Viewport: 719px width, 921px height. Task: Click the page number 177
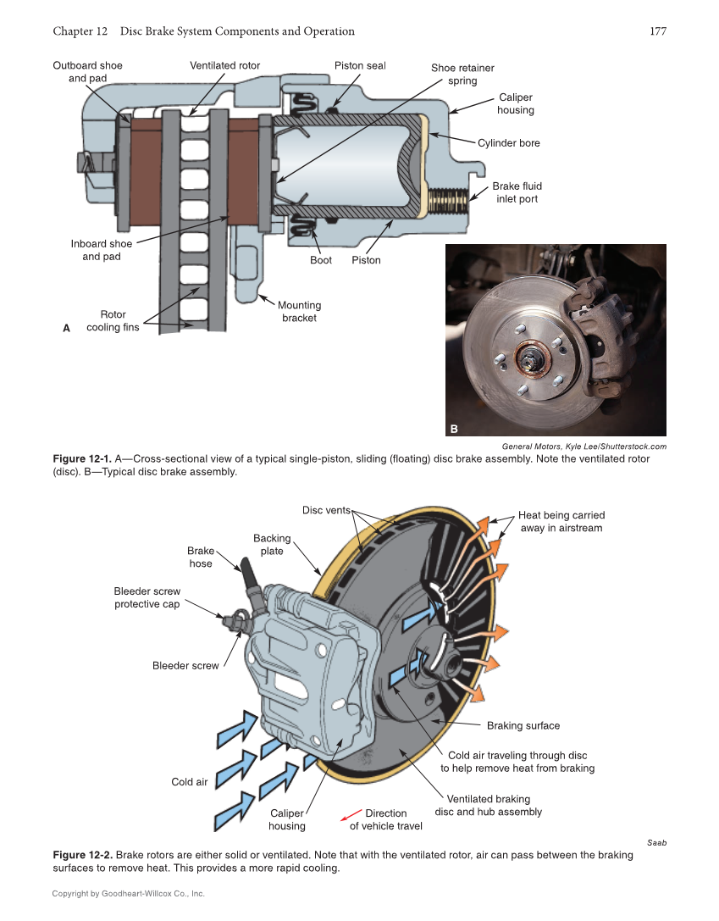coord(658,31)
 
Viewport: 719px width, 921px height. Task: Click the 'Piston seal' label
coord(360,65)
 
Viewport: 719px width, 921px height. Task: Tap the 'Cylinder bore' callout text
coord(508,143)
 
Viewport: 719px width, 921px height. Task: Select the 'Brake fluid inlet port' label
coord(517,192)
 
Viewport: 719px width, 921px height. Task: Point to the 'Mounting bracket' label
coord(299,311)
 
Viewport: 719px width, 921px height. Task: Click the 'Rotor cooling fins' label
coord(113,320)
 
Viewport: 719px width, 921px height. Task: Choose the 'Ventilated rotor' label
coord(224,65)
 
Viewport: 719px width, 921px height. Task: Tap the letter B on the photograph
coord(454,429)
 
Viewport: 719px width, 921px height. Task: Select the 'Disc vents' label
coord(326,510)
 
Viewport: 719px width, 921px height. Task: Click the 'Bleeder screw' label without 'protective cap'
coord(185,666)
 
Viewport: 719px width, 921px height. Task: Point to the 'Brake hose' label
coord(201,557)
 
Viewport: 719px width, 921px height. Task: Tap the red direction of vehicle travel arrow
coord(351,815)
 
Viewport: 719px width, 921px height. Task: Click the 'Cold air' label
coord(189,782)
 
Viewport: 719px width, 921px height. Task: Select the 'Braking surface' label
coord(523,725)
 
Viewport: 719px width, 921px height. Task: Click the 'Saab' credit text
coord(656,843)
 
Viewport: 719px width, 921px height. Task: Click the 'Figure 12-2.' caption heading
coord(82,855)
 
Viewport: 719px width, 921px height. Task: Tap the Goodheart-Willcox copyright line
coord(128,893)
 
